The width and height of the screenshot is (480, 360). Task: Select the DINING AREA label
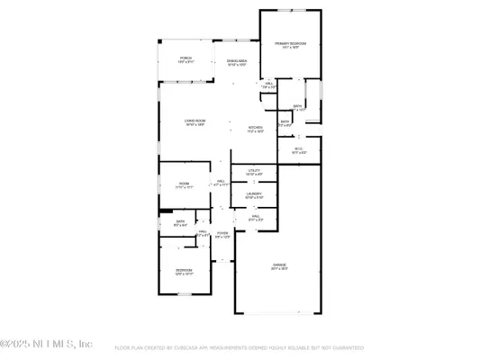(x=237, y=60)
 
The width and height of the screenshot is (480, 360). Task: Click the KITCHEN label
(x=256, y=127)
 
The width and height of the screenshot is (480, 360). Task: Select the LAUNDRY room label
(x=253, y=195)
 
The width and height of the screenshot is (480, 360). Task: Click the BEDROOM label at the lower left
(x=184, y=269)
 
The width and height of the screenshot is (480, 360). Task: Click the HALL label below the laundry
(x=255, y=216)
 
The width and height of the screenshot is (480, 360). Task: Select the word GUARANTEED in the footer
(x=345, y=347)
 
